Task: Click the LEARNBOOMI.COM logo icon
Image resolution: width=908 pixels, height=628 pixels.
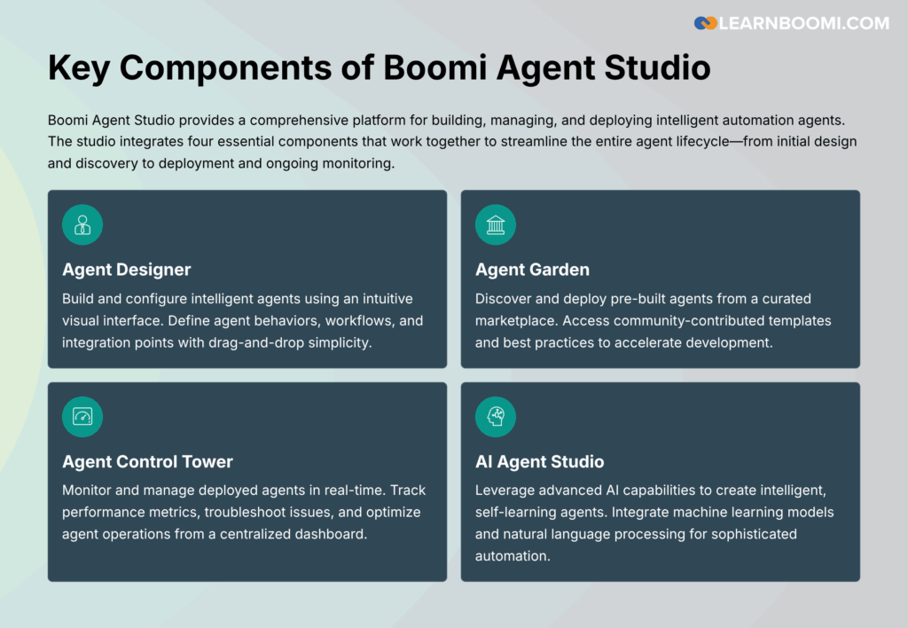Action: click(706, 23)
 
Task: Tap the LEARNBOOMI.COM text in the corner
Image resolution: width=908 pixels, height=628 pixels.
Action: click(803, 23)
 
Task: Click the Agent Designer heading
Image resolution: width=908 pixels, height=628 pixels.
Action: click(127, 270)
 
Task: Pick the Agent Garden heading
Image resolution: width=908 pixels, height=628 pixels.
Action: click(532, 270)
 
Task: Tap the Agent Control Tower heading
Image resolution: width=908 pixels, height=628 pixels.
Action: click(147, 461)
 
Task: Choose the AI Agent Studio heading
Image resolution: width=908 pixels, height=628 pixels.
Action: click(539, 461)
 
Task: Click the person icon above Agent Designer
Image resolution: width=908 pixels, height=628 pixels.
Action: click(82, 224)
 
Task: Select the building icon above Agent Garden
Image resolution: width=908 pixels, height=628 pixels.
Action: click(496, 224)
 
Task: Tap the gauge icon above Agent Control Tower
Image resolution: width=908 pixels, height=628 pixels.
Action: click(82, 416)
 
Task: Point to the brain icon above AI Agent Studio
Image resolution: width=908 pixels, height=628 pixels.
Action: click(496, 416)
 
